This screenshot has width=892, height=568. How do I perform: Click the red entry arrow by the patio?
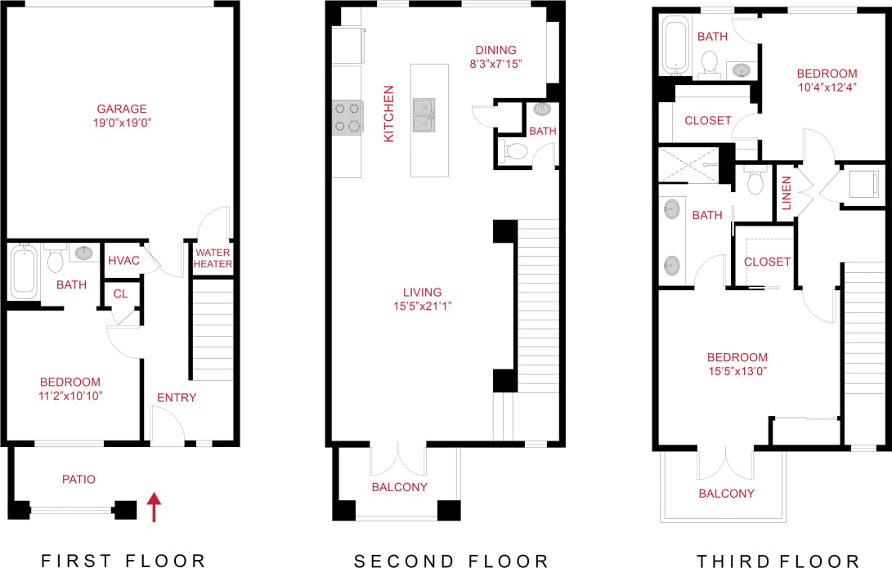click(152, 507)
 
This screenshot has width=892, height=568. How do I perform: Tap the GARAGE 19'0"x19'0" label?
click(122, 115)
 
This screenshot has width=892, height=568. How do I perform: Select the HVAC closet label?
click(123, 261)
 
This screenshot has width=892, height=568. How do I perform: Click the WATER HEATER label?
click(213, 258)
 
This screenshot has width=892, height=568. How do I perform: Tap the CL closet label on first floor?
click(120, 293)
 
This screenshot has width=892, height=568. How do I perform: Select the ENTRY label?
click(177, 398)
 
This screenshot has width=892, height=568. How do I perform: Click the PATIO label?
click(78, 480)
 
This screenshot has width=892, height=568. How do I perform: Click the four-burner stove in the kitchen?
click(347, 117)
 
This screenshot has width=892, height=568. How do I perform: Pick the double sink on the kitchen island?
click(424, 114)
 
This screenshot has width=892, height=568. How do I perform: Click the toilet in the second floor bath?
click(516, 150)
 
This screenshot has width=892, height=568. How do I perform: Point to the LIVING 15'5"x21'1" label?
click(422, 298)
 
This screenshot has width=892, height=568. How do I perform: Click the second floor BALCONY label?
click(399, 487)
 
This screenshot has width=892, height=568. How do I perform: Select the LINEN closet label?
click(786, 194)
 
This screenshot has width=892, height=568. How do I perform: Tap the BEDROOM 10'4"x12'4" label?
click(827, 79)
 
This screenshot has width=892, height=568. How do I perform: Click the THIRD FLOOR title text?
click(778, 561)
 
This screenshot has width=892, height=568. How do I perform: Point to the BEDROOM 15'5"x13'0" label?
click(737, 364)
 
